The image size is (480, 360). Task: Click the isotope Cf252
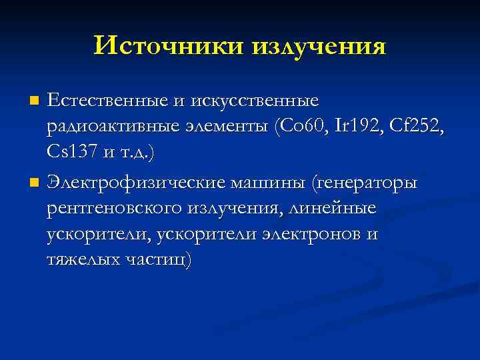413,127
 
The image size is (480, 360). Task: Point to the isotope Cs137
72,153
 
